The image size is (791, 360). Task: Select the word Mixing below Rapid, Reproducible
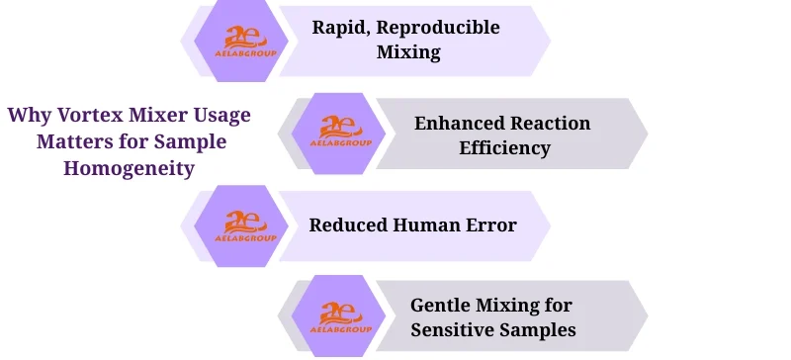coord(408,52)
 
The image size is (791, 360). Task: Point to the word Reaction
coord(553,124)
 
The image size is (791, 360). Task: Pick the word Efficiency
coord(510,148)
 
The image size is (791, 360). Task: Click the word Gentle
coord(442,305)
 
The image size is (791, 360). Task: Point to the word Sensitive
coord(454,329)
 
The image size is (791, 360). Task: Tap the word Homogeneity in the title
coord(129,168)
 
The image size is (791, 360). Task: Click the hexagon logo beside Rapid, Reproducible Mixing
coord(242,39)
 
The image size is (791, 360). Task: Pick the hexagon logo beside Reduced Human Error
coord(242,225)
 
